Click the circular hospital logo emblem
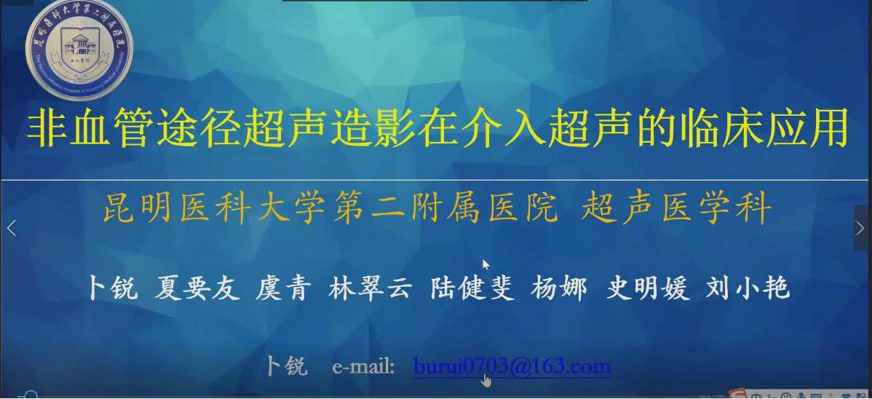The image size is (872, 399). pos(79,50)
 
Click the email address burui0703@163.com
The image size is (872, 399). pos(511,366)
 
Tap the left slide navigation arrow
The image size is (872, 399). pos(11,228)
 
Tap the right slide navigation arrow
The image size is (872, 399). pos(862,228)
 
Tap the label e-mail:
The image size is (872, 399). pos(363,366)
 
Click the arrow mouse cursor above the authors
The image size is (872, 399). pos(485,264)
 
